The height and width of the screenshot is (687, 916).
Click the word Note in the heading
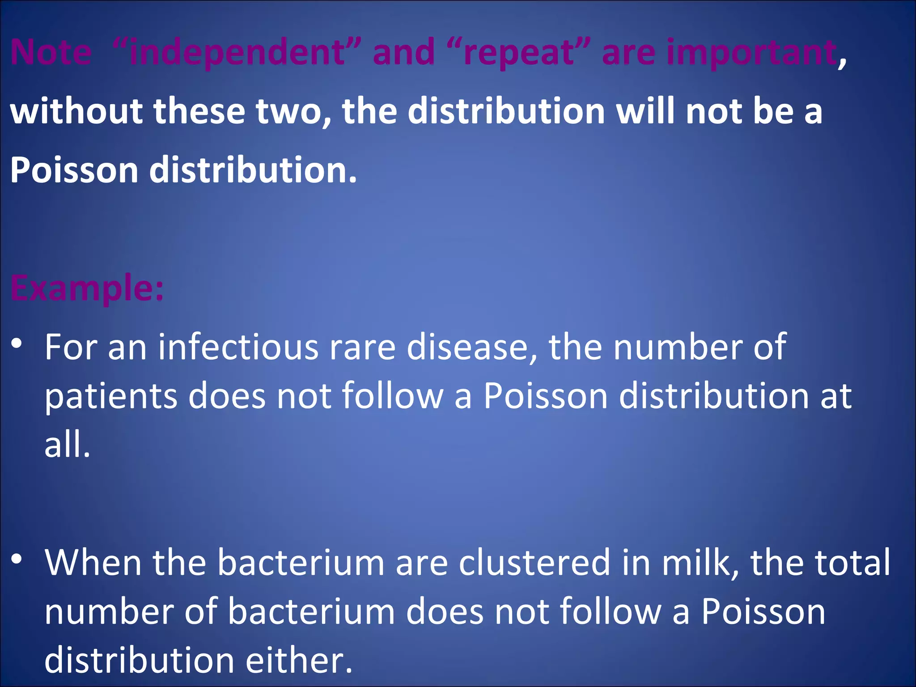(x=51, y=52)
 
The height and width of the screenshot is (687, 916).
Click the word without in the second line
(x=76, y=111)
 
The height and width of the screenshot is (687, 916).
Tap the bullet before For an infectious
(x=17, y=343)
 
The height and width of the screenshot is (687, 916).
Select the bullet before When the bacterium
(x=17, y=559)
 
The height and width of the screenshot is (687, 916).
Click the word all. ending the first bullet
(x=67, y=445)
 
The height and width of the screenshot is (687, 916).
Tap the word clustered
(x=534, y=562)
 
